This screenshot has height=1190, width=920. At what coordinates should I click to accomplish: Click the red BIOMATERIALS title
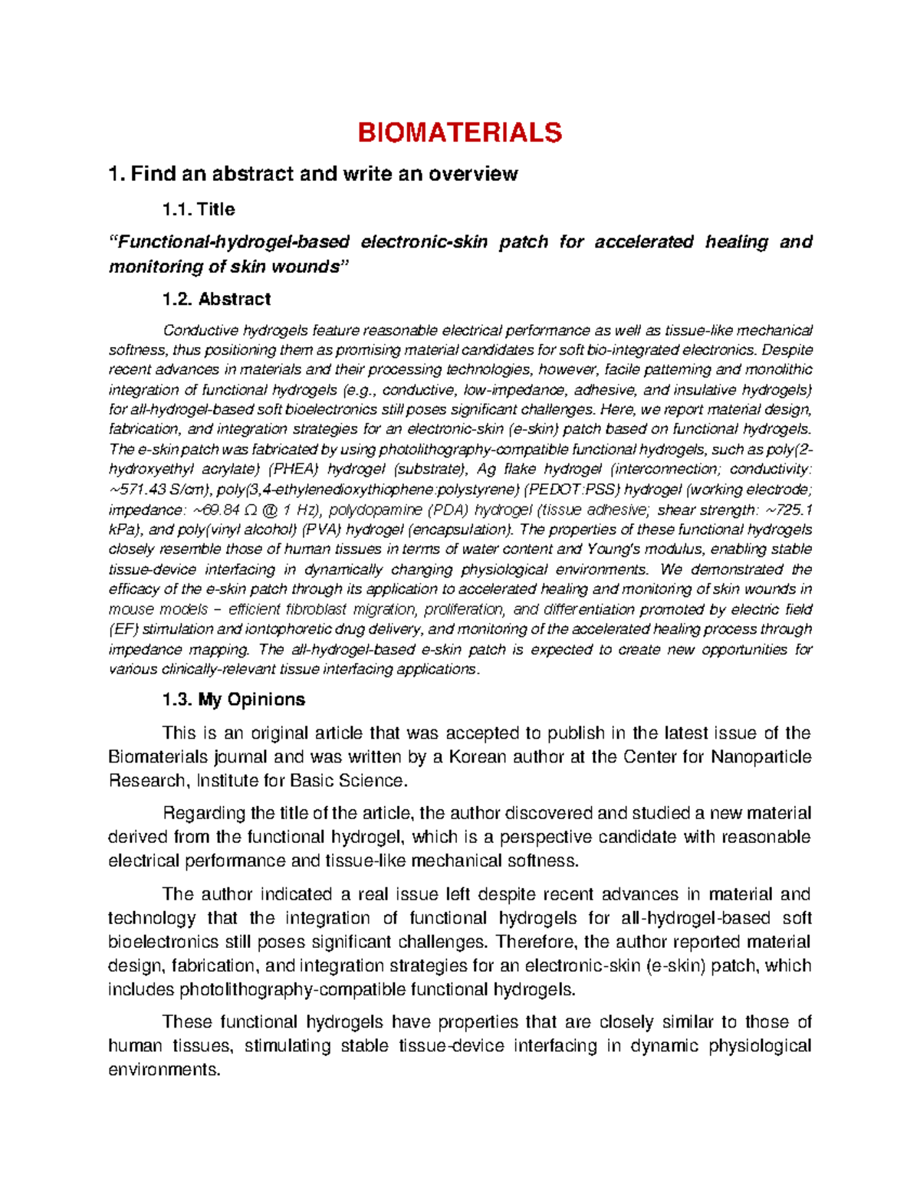[x=459, y=133]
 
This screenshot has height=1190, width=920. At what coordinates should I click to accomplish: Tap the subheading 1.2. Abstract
[x=216, y=299]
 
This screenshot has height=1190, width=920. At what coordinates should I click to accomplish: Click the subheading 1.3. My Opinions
[x=233, y=700]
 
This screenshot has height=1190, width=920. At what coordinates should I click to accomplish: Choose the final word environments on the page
[x=163, y=1070]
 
